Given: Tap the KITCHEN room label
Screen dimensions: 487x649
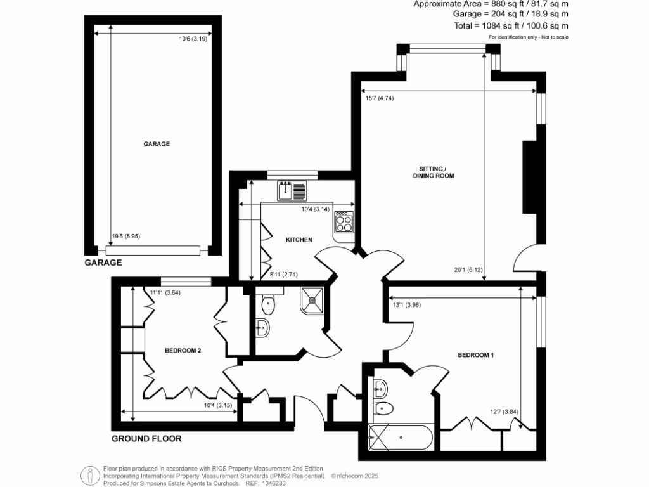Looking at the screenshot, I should [299, 240].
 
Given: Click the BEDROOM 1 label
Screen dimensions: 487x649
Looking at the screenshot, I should [475, 355].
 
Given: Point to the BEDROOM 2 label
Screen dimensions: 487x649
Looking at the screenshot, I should [183, 350].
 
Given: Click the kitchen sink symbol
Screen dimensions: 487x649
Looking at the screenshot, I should [292, 189].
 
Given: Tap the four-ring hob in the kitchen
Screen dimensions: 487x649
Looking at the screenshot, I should [344, 221].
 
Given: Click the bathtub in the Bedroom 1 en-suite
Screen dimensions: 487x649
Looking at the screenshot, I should [401, 438].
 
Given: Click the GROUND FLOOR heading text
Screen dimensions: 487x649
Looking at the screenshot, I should [146, 438].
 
